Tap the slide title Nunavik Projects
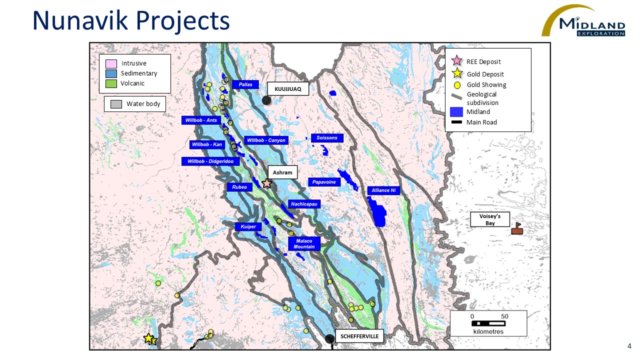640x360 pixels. (131, 21)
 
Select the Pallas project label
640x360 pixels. (245, 84)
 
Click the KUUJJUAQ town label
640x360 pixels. (288, 89)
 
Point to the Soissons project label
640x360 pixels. (327, 137)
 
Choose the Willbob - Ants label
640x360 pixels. (201, 120)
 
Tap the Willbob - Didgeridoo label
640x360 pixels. (210, 161)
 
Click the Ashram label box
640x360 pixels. (282, 172)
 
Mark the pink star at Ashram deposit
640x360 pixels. (267, 183)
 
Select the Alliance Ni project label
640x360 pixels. (383, 190)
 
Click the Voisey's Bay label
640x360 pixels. (490, 219)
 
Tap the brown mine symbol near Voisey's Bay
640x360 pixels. (517, 229)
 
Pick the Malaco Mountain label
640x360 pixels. (304, 243)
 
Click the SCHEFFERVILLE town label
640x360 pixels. (359, 336)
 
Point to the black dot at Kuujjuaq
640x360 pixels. (266, 100)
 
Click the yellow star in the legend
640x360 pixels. (456, 74)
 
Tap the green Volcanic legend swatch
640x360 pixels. (111, 83)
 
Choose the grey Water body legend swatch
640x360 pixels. (116, 104)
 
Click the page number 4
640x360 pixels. (629, 346)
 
